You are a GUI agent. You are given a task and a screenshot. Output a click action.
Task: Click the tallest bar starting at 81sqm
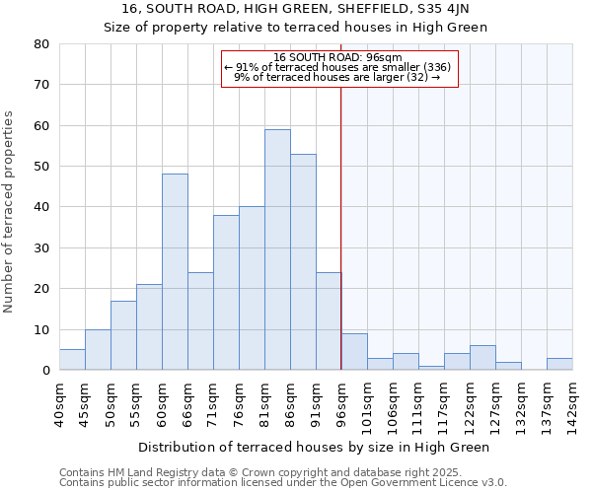coord(277,249)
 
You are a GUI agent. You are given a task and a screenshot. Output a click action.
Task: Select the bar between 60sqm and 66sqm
coord(175,272)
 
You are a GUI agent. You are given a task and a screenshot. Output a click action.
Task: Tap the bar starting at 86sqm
coord(303,262)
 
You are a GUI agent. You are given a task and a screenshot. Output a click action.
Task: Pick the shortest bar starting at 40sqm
coord(72,360)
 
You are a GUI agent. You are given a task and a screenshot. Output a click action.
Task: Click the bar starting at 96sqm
coord(354,352)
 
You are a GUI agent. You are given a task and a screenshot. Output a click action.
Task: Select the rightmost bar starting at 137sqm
coord(559,364)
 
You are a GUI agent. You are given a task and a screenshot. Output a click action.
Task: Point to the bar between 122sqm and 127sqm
coord(482,358)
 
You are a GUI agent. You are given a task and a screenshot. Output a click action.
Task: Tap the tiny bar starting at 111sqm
coord(431,368)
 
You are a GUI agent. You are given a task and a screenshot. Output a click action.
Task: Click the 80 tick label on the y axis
coord(41,44)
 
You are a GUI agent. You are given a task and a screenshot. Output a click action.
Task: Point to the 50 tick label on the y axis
coord(41,167)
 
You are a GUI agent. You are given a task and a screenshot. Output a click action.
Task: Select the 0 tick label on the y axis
coord(45,371)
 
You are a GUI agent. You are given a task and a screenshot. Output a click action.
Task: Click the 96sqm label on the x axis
coord(341,401)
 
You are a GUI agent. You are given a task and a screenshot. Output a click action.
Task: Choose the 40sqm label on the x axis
coord(59,401)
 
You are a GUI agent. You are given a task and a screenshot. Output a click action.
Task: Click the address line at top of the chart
coord(296,9)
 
